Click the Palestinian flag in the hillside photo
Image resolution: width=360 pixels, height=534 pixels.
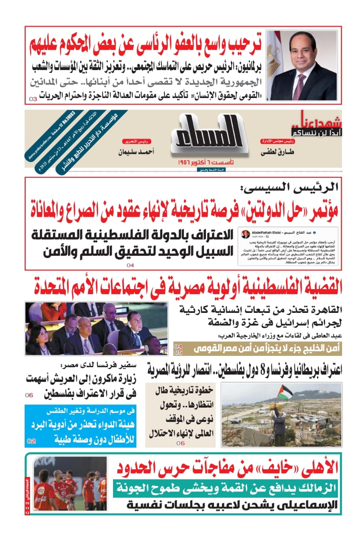coord(285,393)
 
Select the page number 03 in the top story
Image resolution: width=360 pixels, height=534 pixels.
coord(33,99)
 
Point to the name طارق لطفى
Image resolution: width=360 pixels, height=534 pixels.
coord(277,153)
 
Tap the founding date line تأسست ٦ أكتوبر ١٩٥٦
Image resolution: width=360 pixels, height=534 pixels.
coord(206,161)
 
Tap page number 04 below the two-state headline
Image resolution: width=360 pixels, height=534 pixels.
coord(131,265)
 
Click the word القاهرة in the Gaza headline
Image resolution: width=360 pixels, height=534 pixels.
coord(323,310)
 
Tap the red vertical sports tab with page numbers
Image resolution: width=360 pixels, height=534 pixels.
coord(28,496)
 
